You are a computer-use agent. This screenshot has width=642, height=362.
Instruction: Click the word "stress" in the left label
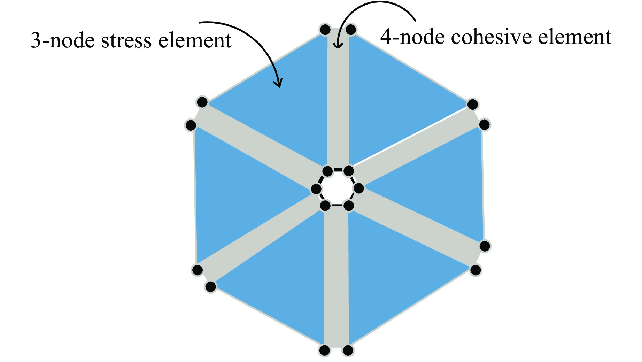[126, 41]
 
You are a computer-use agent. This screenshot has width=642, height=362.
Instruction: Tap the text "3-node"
[62, 41]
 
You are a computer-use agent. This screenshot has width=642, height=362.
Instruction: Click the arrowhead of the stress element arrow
[278, 84]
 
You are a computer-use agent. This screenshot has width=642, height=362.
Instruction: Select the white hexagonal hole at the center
[337, 188]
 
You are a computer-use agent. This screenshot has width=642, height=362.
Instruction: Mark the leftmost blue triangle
[237, 188]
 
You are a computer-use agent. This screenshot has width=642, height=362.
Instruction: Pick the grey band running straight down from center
[336, 279]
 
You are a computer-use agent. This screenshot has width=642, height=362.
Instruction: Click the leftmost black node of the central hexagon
[316, 189]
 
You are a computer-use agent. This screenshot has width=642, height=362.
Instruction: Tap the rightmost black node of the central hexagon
[359, 188]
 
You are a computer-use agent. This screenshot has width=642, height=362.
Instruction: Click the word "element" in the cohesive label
[574, 37]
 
